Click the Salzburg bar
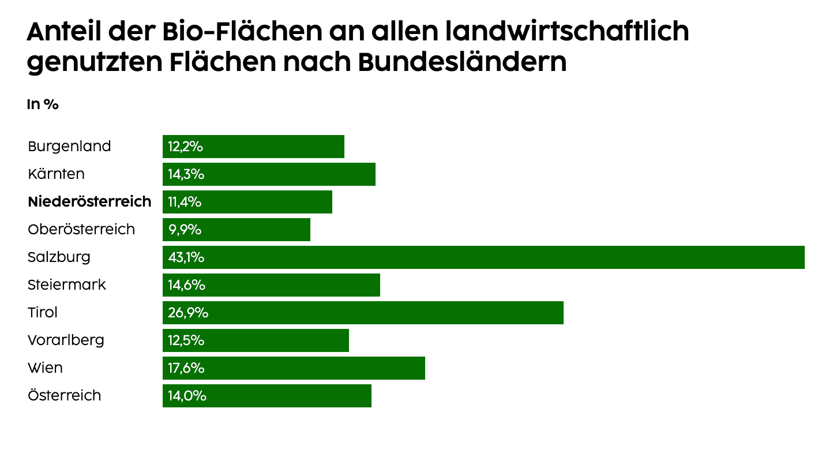(483, 257)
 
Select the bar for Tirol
(363, 313)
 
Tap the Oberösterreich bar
(237, 230)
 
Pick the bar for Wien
(294, 368)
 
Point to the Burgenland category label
(69, 147)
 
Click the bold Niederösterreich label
(89, 202)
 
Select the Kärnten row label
(56, 174)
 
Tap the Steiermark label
(67, 285)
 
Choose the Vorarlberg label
(66, 340)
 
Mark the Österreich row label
(64, 396)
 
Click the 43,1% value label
(186, 257)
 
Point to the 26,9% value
(188, 313)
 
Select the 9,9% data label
(185, 230)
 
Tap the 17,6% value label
(186, 368)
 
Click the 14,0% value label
(187, 396)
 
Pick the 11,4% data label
(185, 202)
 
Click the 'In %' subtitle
(43, 104)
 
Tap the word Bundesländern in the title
(462, 62)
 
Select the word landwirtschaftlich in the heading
(568, 32)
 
